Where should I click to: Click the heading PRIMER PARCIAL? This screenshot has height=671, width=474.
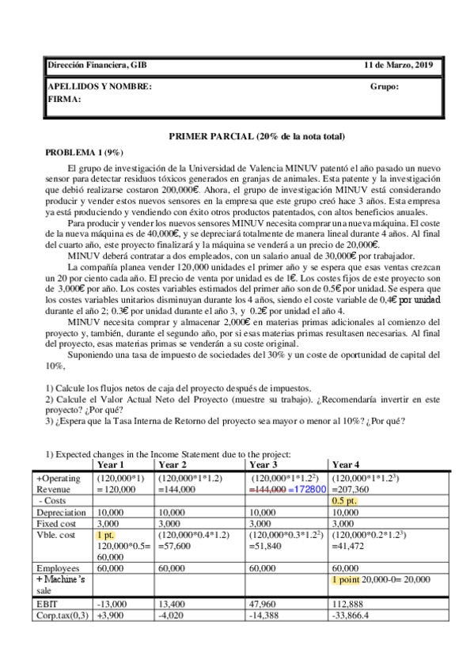pos(256,137)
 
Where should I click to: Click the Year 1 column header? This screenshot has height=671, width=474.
pos(111,464)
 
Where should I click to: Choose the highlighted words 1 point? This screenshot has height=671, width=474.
pos(347,580)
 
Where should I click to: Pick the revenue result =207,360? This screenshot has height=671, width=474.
pos(349,490)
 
